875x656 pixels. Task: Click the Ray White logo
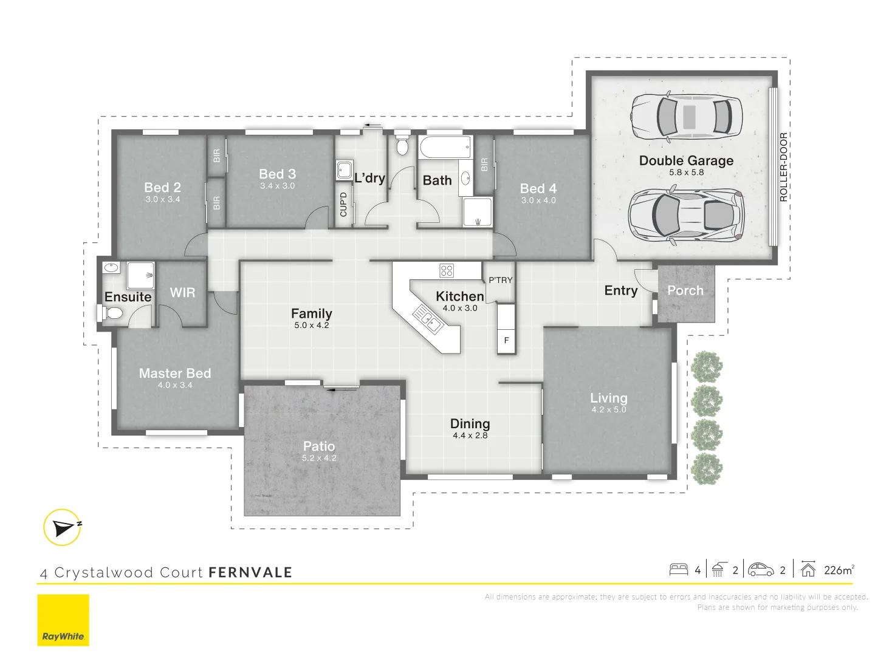pyautogui.click(x=63, y=620)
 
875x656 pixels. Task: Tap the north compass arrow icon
pyautogui.click(x=63, y=527)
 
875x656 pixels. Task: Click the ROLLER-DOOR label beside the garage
pyautogui.click(x=783, y=167)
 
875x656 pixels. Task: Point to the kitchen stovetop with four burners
pyautogui.click(x=446, y=271)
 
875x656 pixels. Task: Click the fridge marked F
pyautogui.click(x=506, y=341)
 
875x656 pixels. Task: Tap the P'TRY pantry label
pyautogui.click(x=501, y=280)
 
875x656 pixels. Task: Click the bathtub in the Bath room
pyautogui.click(x=445, y=148)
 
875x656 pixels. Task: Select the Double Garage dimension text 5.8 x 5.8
pyautogui.click(x=686, y=173)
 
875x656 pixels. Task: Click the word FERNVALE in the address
pyautogui.click(x=250, y=572)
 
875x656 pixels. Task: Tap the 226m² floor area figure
pyautogui.click(x=839, y=570)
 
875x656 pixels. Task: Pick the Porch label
pyautogui.click(x=685, y=290)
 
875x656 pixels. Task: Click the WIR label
pyautogui.click(x=182, y=292)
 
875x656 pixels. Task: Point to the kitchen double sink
pyautogui.click(x=427, y=319)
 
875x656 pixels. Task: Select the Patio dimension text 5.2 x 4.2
pyautogui.click(x=319, y=458)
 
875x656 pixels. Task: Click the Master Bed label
pyautogui.click(x=175, y=373)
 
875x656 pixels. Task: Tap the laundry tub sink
pyautogui.click(x=344, y=170)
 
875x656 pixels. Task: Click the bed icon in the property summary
pyautogui.click(x=679, y=570)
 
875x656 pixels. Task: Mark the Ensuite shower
pyautogui.click(x=140, y=275)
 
